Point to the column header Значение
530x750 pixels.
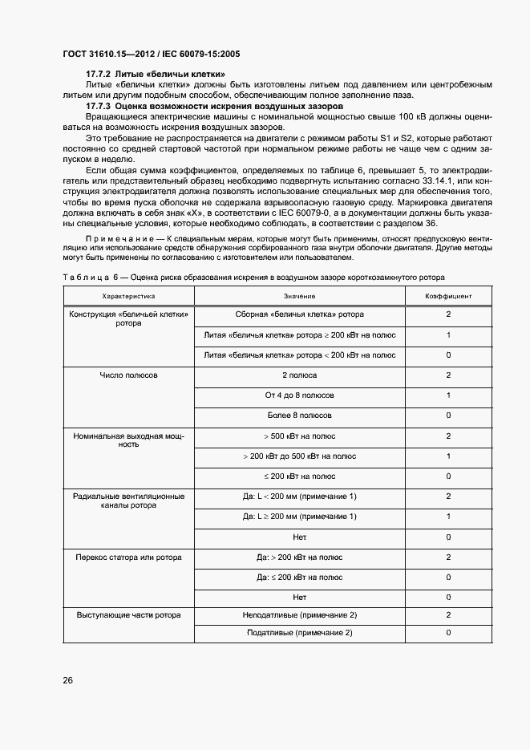pos(299,296)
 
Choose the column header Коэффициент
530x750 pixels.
pos(448,296)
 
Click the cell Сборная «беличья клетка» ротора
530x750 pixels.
pos(300,314)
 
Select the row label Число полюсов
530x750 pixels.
pos(128,375)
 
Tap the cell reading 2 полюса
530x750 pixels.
pos(300,375)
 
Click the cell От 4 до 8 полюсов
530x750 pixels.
pos(300,395)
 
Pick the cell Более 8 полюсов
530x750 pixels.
pos(300,416)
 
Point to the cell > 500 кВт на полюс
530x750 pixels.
pos(300,436)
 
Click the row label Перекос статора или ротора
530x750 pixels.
pos(128,557)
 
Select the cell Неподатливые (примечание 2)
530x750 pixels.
pos(300,615)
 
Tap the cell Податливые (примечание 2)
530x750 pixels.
pos(300,634)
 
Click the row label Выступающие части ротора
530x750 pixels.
pos(128,615)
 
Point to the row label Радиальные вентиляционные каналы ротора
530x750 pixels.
pos(128,501)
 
